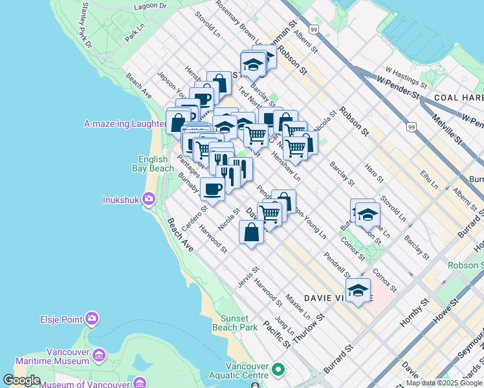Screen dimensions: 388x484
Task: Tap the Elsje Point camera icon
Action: (x=92, y=318)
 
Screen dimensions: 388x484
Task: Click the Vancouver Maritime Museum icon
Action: (x=99, y=355)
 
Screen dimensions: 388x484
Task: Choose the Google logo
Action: (x=22, y=381)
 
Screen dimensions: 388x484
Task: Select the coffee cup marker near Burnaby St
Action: (x=212, y=188)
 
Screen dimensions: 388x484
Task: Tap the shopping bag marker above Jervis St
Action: (x=251, y=232)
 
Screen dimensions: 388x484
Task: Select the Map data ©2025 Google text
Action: (x=444, y=383)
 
